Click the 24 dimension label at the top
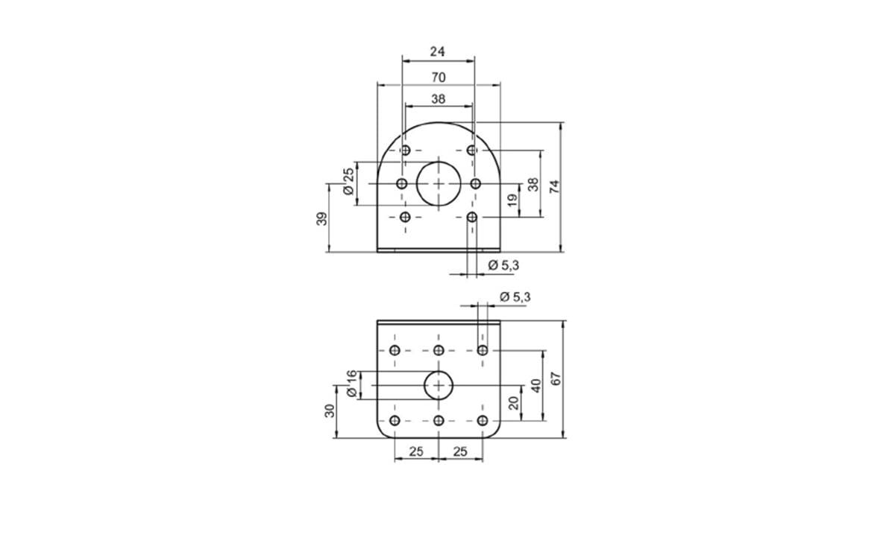437,51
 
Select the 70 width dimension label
439,77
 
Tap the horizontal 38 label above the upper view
439,99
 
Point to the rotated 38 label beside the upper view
533,185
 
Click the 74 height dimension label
555,187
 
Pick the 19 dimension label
512,200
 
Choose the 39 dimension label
321,219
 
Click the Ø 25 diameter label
349,181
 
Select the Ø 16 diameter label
351,384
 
